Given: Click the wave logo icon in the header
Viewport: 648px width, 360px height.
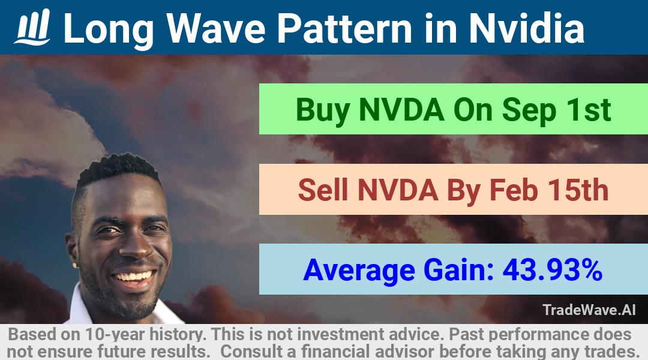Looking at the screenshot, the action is point(32,27).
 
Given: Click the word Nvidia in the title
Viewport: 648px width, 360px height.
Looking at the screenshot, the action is point(527,28).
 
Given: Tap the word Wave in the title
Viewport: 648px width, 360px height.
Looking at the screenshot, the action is point(216,28).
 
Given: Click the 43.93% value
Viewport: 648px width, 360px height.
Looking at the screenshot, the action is point(552,270).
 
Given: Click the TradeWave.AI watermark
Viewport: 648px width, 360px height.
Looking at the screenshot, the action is point(589,310).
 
